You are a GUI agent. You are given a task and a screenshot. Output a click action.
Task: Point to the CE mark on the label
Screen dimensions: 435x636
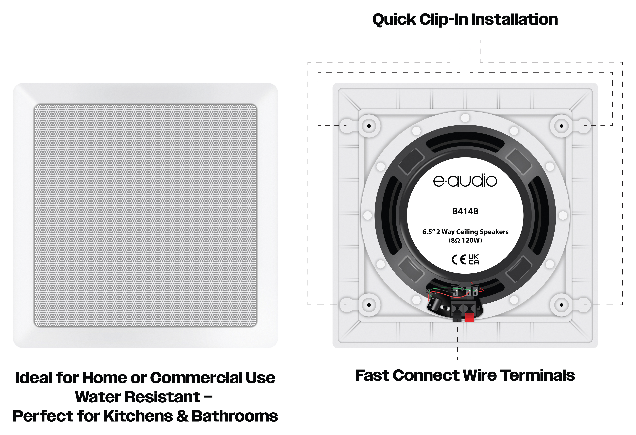(459, 259)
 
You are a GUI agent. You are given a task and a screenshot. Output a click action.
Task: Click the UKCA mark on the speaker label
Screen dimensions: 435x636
(474, 259)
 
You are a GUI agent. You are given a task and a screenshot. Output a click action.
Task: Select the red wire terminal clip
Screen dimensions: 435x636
(469, 317)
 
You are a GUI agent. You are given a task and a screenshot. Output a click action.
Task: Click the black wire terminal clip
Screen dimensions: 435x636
(457, 317)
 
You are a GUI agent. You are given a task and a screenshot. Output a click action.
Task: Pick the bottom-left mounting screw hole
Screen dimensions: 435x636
(369, 305)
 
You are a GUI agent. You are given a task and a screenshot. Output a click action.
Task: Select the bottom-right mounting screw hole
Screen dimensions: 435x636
(561, 305)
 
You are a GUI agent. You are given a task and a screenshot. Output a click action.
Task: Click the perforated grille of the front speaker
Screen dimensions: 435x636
(145, 215)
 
